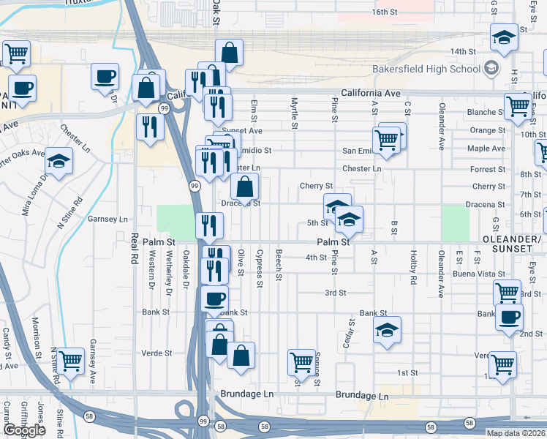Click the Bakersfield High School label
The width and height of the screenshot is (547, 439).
(426, 69)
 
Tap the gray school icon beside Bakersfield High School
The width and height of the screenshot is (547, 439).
(491, 69)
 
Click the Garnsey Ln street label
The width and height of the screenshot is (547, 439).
(107, 219)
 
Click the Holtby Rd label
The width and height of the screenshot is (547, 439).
(413, 272)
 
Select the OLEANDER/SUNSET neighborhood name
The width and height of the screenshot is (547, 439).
(511, 244)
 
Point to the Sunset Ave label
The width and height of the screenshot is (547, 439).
(242, 131)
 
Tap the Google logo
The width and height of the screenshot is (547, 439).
(24, 430)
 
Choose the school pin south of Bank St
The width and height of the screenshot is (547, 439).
(387, 330)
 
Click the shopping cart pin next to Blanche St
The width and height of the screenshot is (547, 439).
(517, 105)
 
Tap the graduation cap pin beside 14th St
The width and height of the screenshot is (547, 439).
(504, 37)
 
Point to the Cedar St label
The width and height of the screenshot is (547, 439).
(352, 334)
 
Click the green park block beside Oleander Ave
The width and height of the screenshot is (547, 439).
(455, 221)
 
